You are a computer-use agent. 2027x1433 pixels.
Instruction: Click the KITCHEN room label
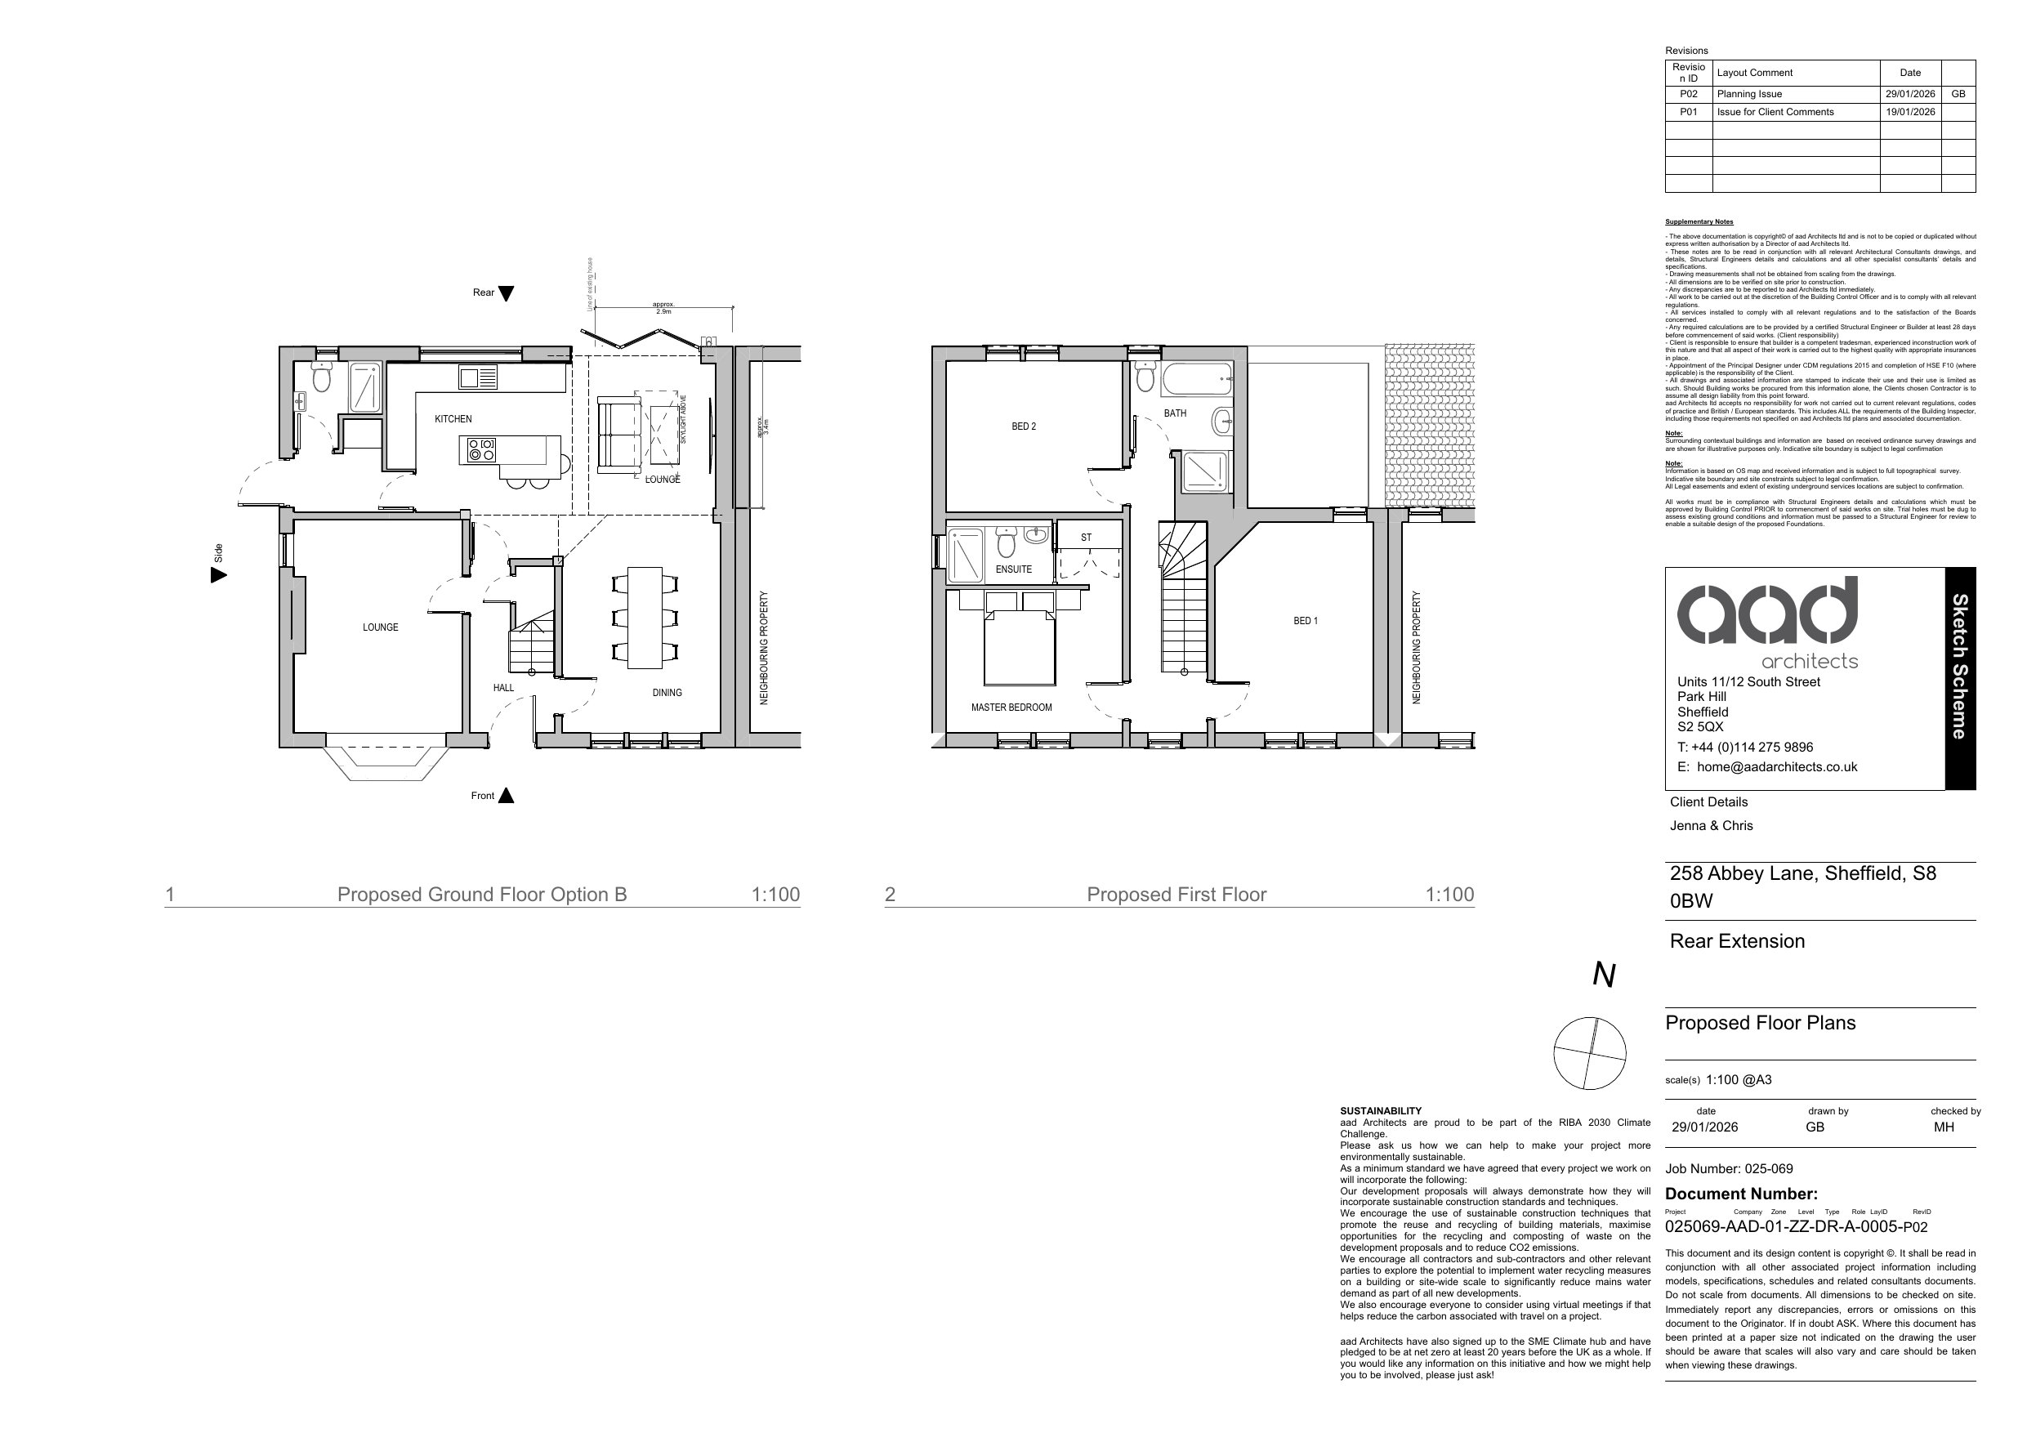(x=453, y=419)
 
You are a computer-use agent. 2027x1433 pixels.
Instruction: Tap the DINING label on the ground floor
(x=667, y=693)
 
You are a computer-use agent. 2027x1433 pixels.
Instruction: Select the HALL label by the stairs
(x=503, y=688)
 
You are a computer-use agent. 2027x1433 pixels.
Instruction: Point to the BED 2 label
(x=1023, y=426)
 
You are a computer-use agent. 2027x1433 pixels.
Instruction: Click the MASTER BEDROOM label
(x=1011, y=708)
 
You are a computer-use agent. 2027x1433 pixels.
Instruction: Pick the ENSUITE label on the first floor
(x=1012, y=569)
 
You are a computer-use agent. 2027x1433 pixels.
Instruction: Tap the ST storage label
(x=1085, y=538)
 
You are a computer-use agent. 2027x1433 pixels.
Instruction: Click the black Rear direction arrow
(x=506, y=294)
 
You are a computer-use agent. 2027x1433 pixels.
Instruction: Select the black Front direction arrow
(x=506, y=796)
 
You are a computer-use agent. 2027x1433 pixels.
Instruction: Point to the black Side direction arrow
(x=218, y=576)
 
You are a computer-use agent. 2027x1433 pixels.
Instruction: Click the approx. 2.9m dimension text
(x=663, y=308)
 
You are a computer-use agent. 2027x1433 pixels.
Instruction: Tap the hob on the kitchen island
(x=481, y=450)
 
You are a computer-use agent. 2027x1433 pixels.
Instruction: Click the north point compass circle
(x=1589, y=1053)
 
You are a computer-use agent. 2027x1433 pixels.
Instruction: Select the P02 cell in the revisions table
(x=1688, y=95)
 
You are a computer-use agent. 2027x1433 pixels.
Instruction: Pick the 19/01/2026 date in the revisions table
(x=1909, y=112)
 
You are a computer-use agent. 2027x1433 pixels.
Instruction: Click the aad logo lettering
(x=1766, y=612)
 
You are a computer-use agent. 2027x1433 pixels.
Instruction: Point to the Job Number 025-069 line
(x=1729, y=1169)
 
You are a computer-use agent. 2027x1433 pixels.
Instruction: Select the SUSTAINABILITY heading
(x=1381, y=1111)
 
